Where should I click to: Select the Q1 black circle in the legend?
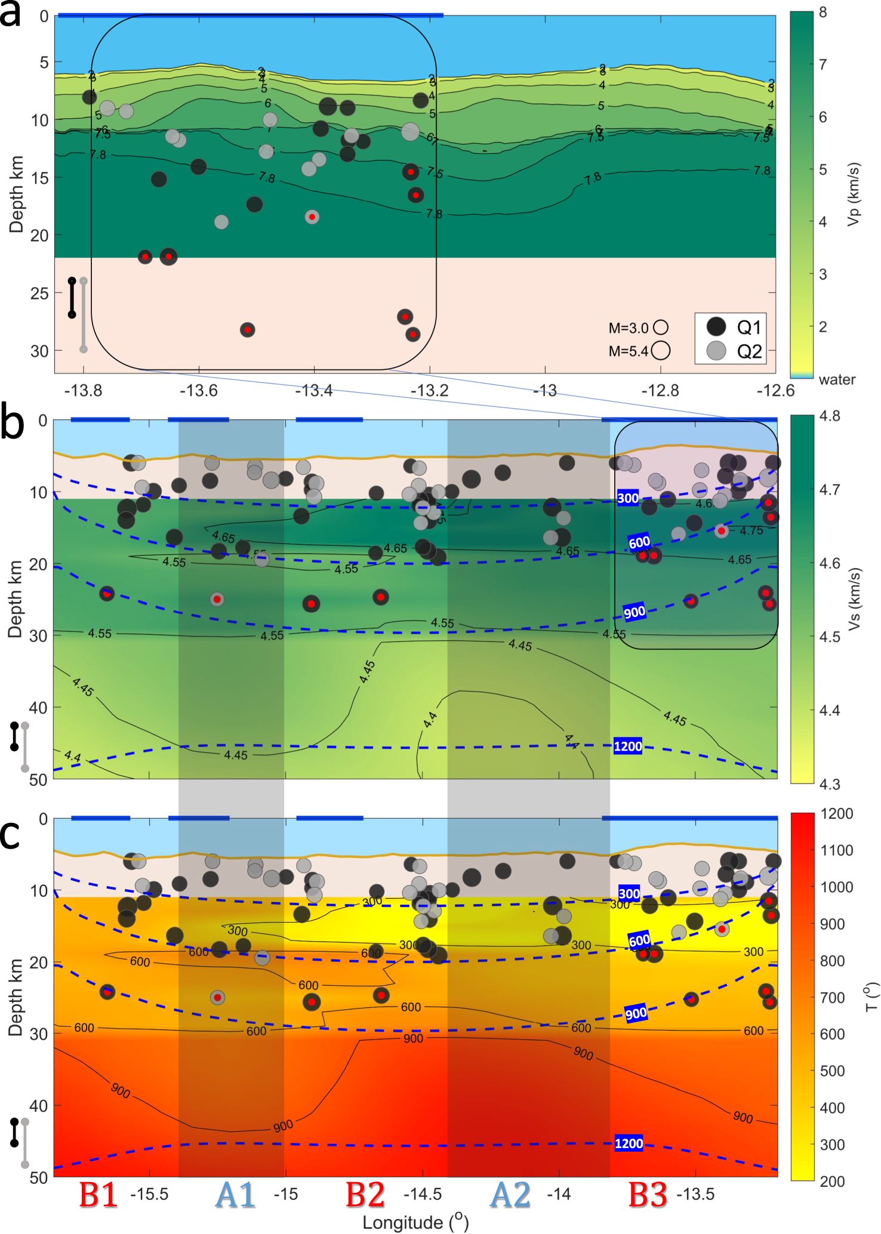click(716, 326)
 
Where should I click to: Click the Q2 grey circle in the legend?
click(716, 351)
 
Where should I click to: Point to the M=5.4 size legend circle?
click(661, 351)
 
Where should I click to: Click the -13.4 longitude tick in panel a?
click(314, 391)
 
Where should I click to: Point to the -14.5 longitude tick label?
click(423, 1195)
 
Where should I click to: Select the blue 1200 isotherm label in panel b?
click(628, 746)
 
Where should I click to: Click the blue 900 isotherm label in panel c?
click(636, 1013)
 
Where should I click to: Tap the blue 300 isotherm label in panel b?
click(628, 498)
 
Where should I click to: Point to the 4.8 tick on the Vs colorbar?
click(830, 416)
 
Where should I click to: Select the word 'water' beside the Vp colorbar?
click(837, 380)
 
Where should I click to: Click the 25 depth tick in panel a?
click(39, 293)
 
